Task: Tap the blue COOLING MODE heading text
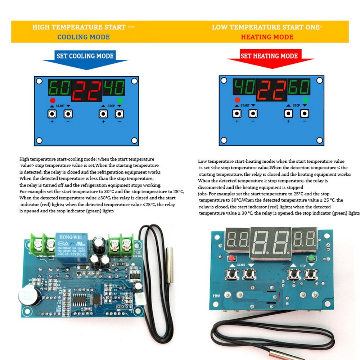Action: [84, 37]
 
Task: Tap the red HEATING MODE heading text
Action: [267, 37]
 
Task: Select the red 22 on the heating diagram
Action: [271, 90]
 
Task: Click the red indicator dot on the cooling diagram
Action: [53, 100]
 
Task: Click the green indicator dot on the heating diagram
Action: [306, 100]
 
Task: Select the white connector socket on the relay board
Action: [140, 298]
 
